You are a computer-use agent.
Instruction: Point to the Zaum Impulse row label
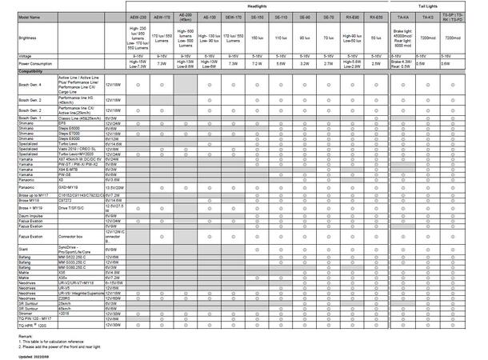point(18,216)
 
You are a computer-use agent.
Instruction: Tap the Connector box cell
point(72,238)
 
